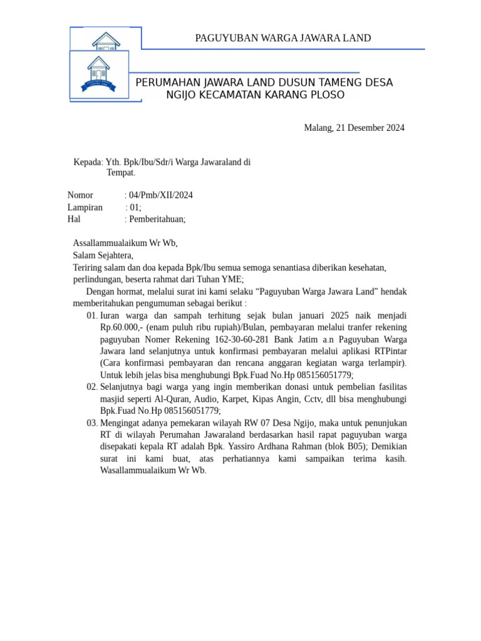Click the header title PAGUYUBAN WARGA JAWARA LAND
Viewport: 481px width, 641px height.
[x=283, y=38]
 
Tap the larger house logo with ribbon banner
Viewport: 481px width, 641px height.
[x=98, y=74]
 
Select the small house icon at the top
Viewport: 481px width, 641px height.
[x=106, y=40]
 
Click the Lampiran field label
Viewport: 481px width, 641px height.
[x=85, y=207]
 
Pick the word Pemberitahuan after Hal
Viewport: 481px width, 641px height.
[x=157, y=219]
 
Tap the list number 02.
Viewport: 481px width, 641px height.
[x=92, y=387]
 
